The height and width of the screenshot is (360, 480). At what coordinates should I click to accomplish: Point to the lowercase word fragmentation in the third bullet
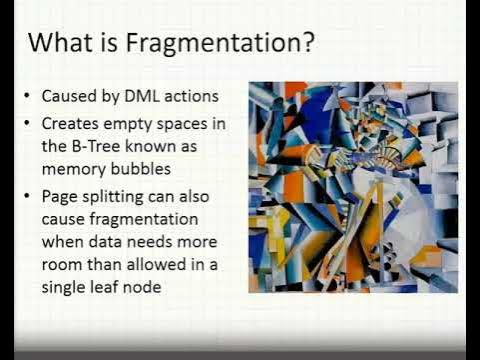pos(140,220)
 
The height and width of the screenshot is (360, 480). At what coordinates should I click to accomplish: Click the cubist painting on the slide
pos(352,186)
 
